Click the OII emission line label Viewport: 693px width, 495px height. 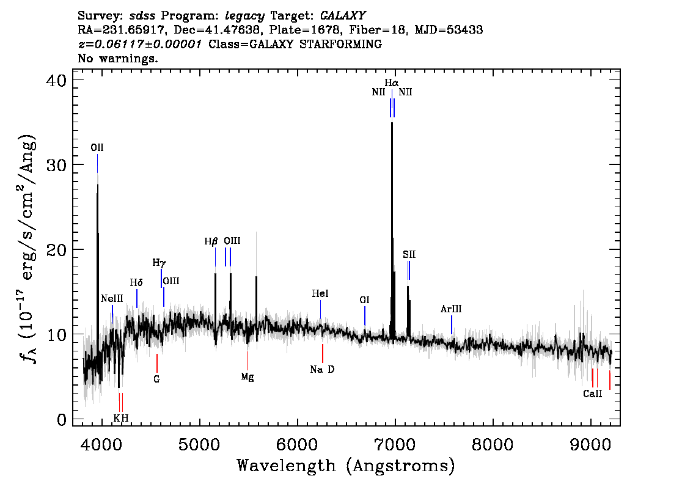pos(97,147)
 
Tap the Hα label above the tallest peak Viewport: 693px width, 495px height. pos(392,82)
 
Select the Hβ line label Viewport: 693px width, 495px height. pos(211,241)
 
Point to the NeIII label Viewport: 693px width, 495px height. pos(112,298)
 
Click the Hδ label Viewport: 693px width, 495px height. pos(136,282)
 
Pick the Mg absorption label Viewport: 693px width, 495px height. pos(247,376)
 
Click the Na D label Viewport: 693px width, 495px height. pos(322,370)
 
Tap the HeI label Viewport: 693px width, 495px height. pos(320,294)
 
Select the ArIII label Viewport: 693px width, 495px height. pos(451,309)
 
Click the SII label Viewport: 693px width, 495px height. pos(409,254)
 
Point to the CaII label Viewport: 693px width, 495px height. pos(592,394)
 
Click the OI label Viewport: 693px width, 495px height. pos(364,300)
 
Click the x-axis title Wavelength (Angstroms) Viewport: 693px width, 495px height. pos(346,466)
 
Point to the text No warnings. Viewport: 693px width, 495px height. pos(118,59)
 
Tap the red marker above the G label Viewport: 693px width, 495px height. pos(157,362)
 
